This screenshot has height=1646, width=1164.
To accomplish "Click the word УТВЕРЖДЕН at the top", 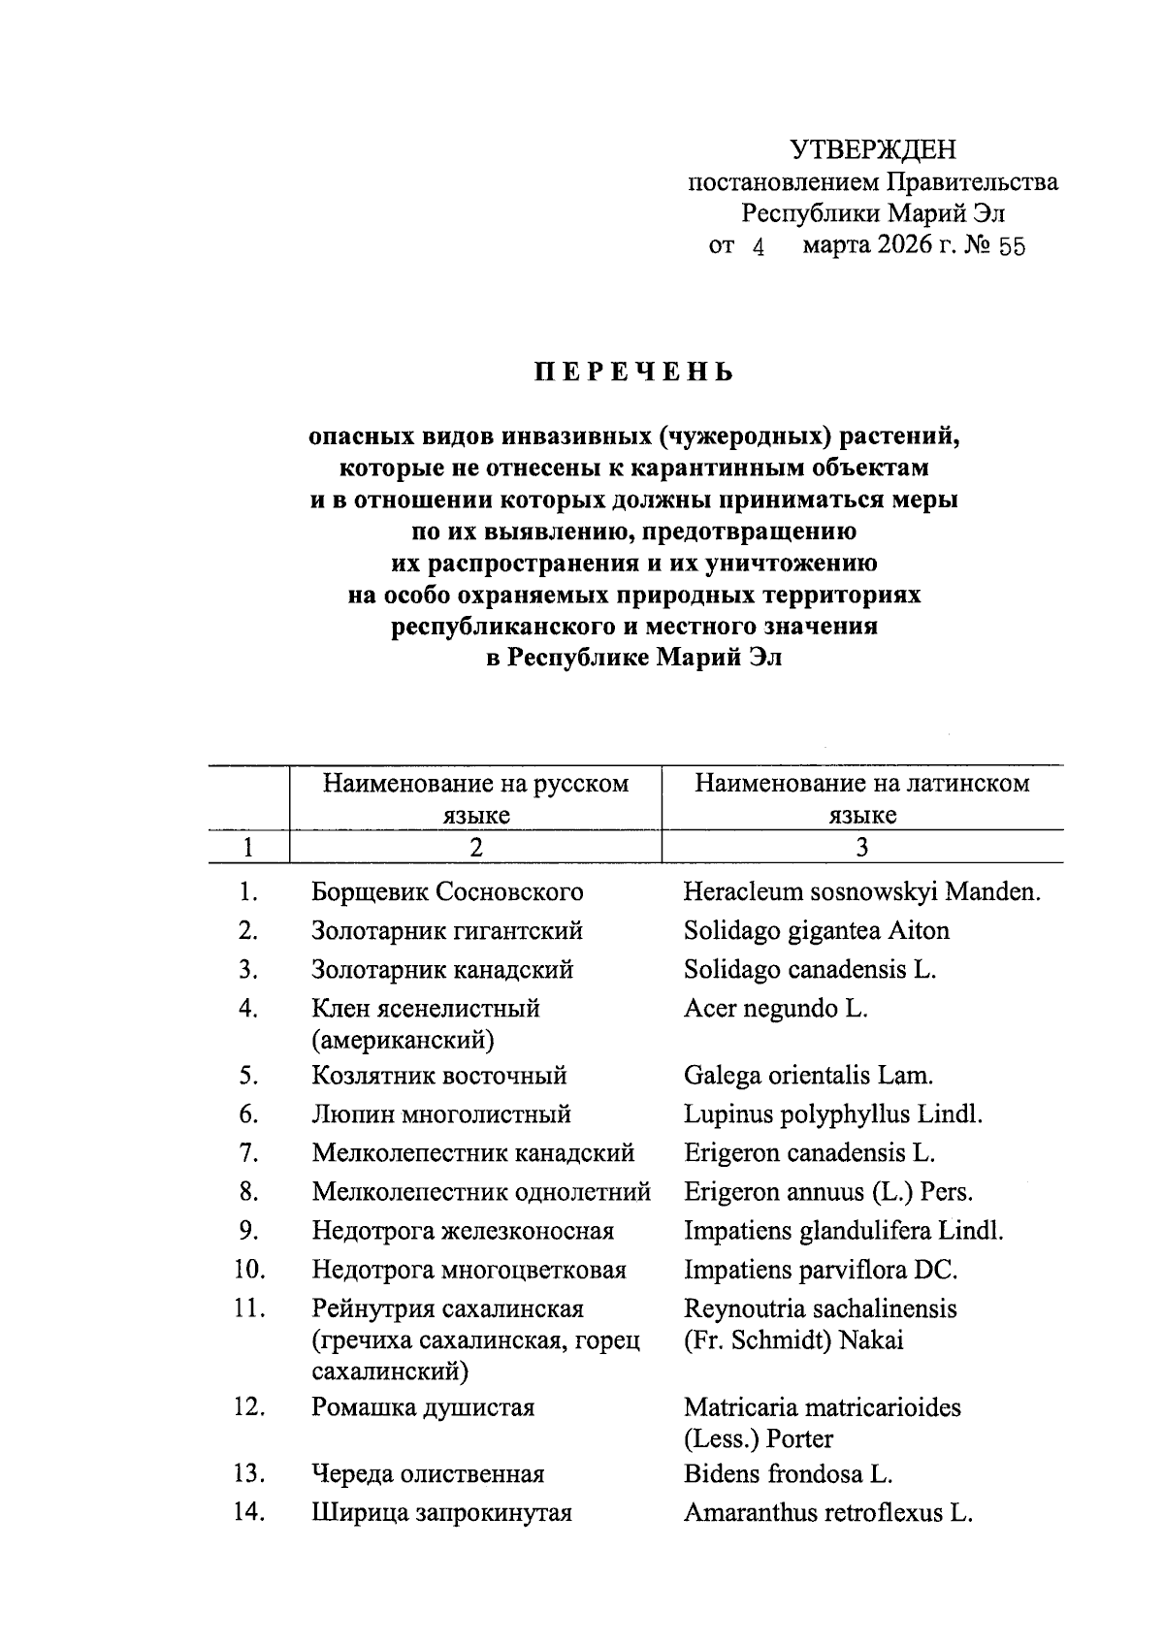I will [872, 149].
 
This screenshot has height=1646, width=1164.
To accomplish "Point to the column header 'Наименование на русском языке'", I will [475, 798].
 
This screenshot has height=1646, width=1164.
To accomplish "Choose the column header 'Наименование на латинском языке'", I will [861, 798].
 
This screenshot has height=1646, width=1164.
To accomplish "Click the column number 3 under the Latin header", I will [861, 847].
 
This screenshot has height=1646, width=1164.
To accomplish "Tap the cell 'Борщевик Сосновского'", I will [447, 891].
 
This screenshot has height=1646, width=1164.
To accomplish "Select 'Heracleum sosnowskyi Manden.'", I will [861, 891].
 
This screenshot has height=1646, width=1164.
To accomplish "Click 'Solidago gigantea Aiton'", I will [816, 930].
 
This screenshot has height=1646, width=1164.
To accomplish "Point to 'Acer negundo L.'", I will [775, 1008].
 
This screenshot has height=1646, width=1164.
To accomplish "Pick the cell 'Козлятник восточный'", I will [438, 1075].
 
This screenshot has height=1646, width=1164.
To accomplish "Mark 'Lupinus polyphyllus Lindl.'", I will [832, 1113].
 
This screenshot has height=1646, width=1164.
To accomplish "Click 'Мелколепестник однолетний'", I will [481, 1191].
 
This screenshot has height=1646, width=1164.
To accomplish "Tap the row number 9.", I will [248, 1230].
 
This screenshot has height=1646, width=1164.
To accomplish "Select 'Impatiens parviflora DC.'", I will [820, 1269].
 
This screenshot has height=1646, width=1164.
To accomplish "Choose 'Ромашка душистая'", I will [423, 1406].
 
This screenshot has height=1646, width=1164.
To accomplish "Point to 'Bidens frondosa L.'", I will [787, 1473].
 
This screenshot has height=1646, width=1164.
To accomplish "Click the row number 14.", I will [248, 1512].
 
